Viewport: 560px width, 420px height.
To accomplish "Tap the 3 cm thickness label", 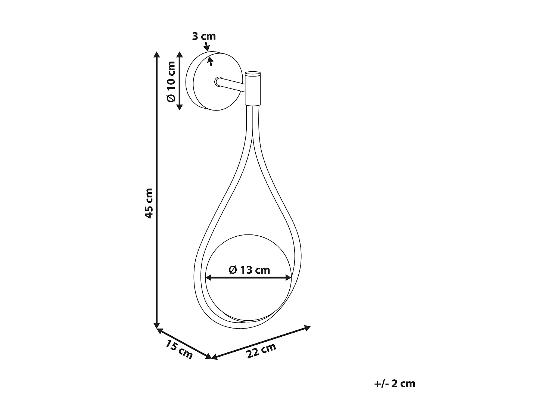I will pos(204,36).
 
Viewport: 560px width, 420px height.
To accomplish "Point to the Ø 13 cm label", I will pos(249,270).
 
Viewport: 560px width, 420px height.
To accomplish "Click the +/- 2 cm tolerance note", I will pos(395,383).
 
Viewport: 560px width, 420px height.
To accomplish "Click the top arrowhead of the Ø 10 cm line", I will pos(180,55).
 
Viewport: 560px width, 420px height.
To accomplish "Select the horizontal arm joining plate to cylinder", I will pos(231,84).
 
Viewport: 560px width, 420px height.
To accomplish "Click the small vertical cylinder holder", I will pos(253,88).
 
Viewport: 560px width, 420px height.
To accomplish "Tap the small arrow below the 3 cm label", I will pos(211,61).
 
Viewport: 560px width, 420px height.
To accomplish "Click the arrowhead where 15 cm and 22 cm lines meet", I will pos(211,357).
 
